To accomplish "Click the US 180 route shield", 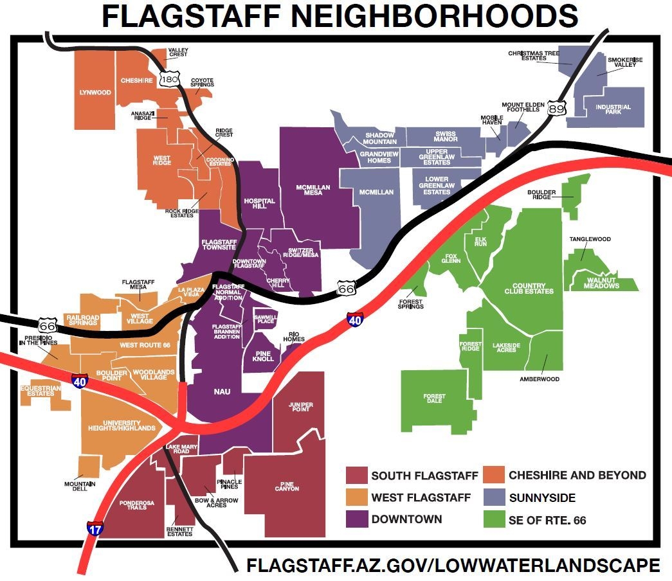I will pos(170,80).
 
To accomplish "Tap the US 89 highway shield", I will pos(557,108).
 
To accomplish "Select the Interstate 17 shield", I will pos(95,528).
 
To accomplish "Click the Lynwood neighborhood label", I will pos(95,93).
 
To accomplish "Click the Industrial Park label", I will pos(613,109).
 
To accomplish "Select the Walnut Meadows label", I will pos(602,282).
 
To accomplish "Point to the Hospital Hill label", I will pos(259,204).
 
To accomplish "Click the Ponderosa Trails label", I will pos(132,503).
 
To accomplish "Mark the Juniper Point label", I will pos(300,407).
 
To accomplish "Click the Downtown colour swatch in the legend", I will pos(356,519).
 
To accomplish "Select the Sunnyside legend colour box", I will pos(494,497).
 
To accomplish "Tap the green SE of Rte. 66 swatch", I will pos(494,519).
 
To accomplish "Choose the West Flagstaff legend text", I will pos(421,497).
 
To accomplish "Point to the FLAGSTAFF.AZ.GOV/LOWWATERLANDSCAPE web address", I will pos(453,565).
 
